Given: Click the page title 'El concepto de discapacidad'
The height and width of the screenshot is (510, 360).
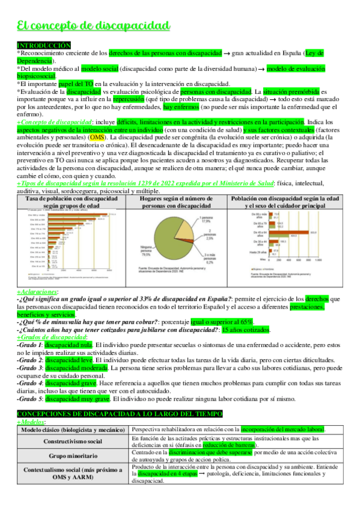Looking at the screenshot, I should pos(93,25).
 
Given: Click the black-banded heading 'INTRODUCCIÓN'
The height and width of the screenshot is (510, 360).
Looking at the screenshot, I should pos(44,46).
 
